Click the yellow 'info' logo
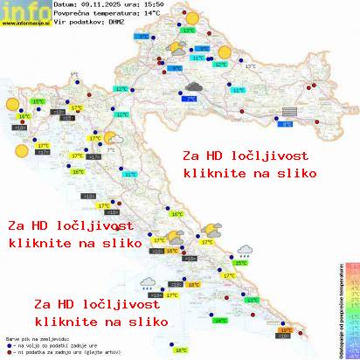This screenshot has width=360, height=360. tap(24, 10)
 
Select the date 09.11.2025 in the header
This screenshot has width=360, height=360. tap(104, 4)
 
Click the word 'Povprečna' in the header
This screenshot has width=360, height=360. tap(70, 15)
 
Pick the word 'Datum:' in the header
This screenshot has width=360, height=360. tap(65, 4)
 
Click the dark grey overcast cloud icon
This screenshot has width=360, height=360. tap(193, 87)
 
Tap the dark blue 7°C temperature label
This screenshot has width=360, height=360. tap(190, 100)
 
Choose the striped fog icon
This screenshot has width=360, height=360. tap(288, 111)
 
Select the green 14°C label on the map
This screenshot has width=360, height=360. tap(221, 321)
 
